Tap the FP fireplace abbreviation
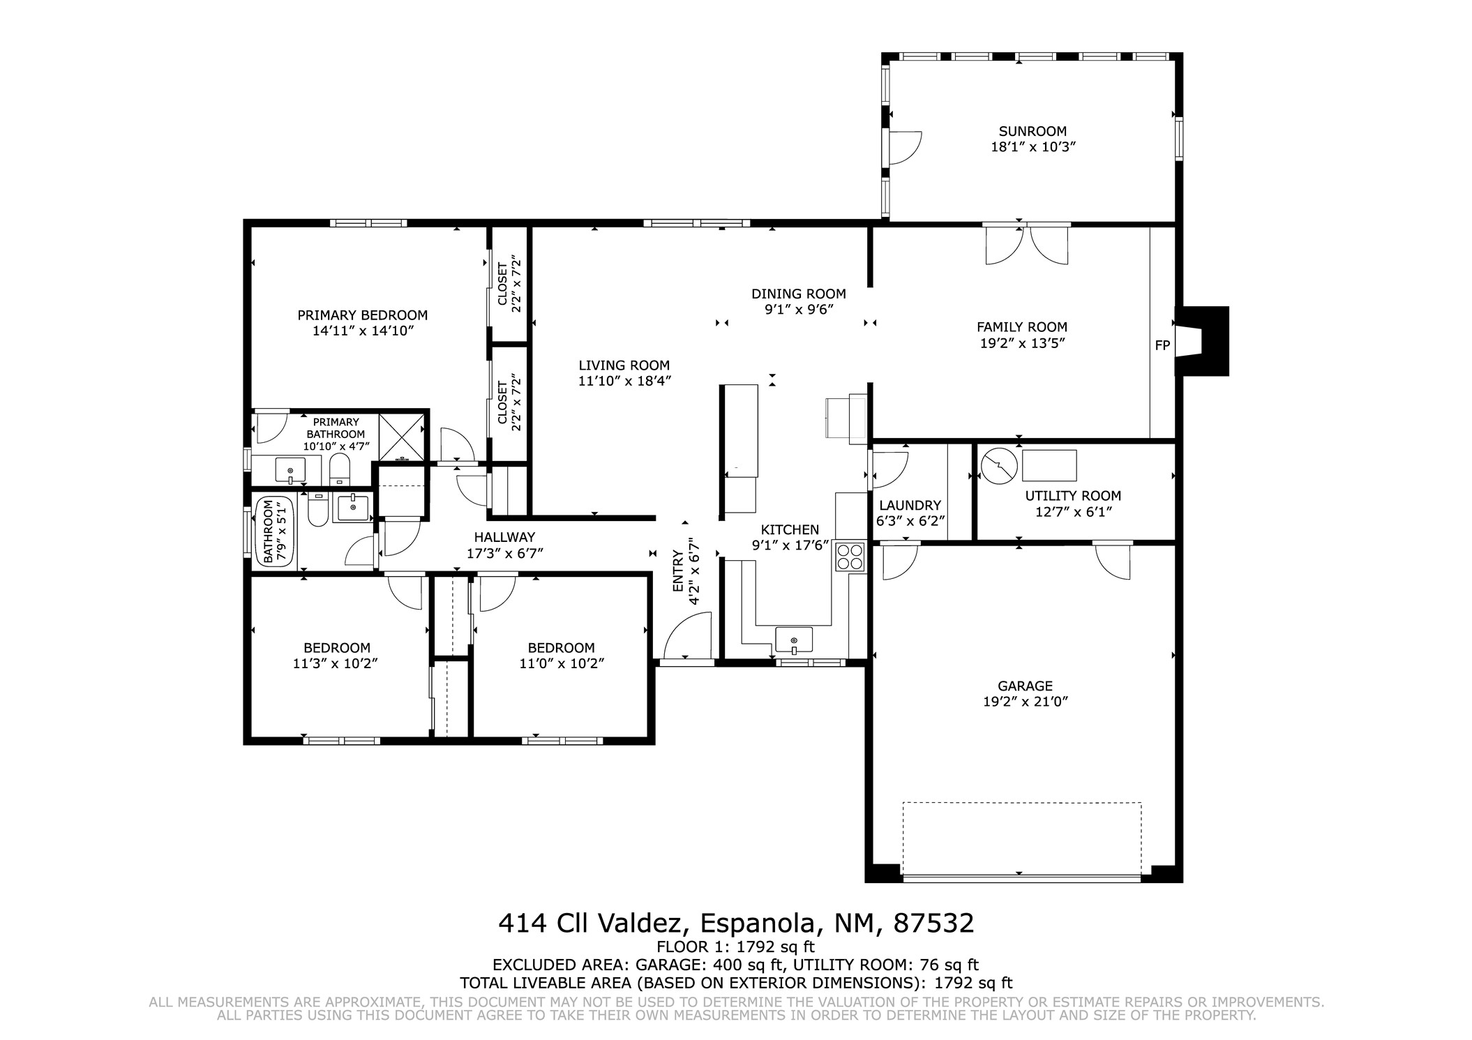[x=1162, y=345]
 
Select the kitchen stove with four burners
[x=850, y=557]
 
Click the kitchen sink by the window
[x=794, y=639]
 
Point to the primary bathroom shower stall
[x=401, y=437]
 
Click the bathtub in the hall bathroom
[x=275, y=531]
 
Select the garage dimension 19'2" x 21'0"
[x=1026, y=702]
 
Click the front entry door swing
[x=687, y=635]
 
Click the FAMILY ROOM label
[x=1022, y=326]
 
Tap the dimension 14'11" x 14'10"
[x=363, y=331]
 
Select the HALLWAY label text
[x=504, y=537]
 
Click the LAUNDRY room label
[x=910, y=505]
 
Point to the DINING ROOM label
[x=799, y=294]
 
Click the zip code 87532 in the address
[x=933, y=923]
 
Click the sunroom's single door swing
[x=906, y=148]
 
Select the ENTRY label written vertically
[x=677, y=571]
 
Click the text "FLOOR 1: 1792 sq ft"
[x=735, y=947]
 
